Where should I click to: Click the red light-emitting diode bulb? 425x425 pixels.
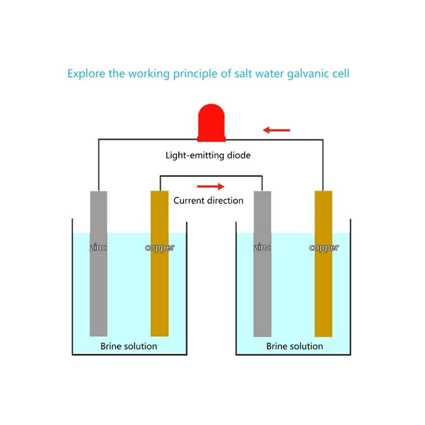pyautogui.click(x=211, y=123)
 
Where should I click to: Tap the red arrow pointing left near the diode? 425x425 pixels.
pyautogui.click(x=276, y=130)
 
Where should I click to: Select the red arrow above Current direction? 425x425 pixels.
pyautogui.click(x=211, y=186)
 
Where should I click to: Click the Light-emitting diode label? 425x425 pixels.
pyautogui.click(x=208, y=155)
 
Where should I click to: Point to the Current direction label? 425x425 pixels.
pyautogui.click(x=208, y=200)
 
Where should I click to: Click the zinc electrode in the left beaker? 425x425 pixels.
pyautogui.click(x=98, y=264)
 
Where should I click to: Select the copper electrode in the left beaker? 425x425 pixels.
pyautogui.click(x=160, y=264)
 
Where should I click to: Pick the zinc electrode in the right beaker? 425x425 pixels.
pyautogui.click(x=262, y=264)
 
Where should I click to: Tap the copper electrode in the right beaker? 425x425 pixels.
pyautogui.click(x=323, y=264)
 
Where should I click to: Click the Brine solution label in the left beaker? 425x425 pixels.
pyautogui.click(x=129, y=346)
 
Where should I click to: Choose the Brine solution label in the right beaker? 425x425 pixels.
pyautogui.click(x=294, y=346)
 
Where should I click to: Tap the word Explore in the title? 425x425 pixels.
pyautogui.click(x=86, y=74)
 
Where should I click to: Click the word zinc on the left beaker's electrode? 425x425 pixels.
pyautogui.click(x=98, y=247)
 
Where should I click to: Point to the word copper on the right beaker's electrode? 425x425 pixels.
pyautogui.click(x=324, y=248)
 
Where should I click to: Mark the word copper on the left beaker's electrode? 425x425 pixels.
pyautogui.click(x=160, y=248)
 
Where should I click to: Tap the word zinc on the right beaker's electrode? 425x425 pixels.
pyautogui.click(x=262, y=247)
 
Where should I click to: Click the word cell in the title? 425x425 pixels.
pyautogui.click(x=341, y=73)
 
